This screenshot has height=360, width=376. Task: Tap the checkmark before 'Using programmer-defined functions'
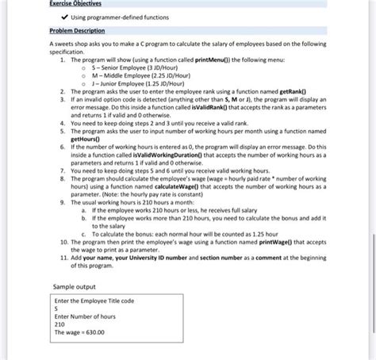(56, 17)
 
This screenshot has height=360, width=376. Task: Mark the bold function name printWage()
(276, 242)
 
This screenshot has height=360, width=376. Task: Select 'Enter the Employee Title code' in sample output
(94, 301)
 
